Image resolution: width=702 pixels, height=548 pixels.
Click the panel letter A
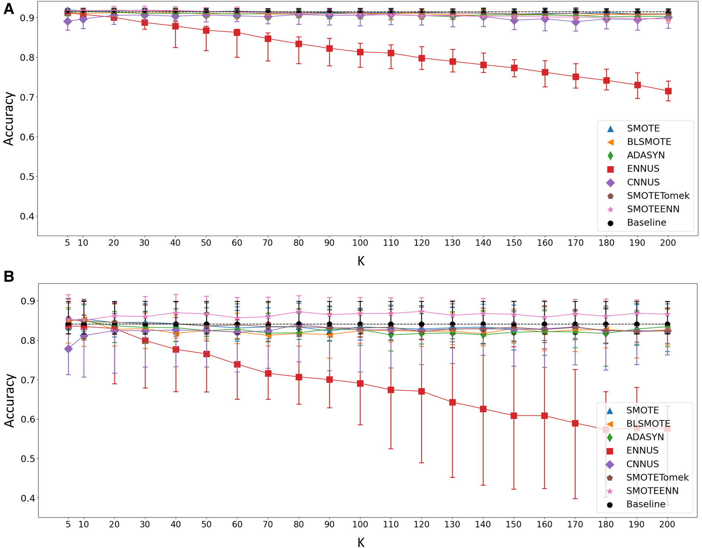tap(8, 9)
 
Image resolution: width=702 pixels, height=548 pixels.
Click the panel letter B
tap(8, 276)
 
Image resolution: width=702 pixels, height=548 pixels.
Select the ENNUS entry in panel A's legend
tap(643, 169)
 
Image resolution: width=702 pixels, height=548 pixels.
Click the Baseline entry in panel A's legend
tap(646, 222)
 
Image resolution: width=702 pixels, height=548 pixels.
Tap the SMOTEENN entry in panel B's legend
tap(652, 491)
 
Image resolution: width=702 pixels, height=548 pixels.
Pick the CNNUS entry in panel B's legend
tap(642, 464)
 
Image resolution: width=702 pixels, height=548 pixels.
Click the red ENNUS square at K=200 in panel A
tap(668, 91)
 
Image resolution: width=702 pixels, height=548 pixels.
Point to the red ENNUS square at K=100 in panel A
tap(360, 52)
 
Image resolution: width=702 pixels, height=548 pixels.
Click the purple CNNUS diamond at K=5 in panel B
tap(68, 349)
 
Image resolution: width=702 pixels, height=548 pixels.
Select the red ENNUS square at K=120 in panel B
tap(422, 391)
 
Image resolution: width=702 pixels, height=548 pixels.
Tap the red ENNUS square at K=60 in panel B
tap(237, 364)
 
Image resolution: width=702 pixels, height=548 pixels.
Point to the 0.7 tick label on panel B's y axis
tap(27, 380)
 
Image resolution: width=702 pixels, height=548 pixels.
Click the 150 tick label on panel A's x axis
tap(514, 243)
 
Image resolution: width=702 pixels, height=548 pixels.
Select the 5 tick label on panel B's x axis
tap(68, 524)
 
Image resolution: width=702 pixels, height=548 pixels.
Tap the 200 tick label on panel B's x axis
tap(667, 524)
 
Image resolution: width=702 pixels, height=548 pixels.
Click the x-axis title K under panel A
tap(361, 261)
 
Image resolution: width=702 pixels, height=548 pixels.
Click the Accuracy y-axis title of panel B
tap(9, 400)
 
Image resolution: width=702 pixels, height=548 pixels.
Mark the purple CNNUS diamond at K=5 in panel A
tap(67, 21)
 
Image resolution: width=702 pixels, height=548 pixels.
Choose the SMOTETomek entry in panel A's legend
tap(658, 196)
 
